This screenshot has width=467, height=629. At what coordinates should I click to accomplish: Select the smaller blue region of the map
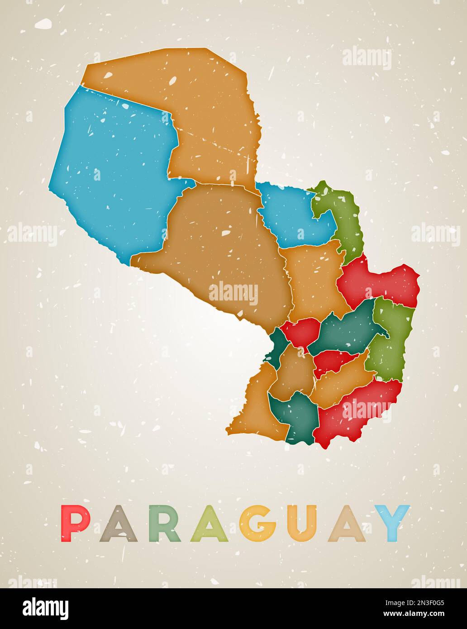click(290, 213)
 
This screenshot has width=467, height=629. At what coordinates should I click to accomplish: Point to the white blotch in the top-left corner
click(44, 24)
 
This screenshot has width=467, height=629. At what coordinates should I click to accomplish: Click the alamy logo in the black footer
click(45, 608)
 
